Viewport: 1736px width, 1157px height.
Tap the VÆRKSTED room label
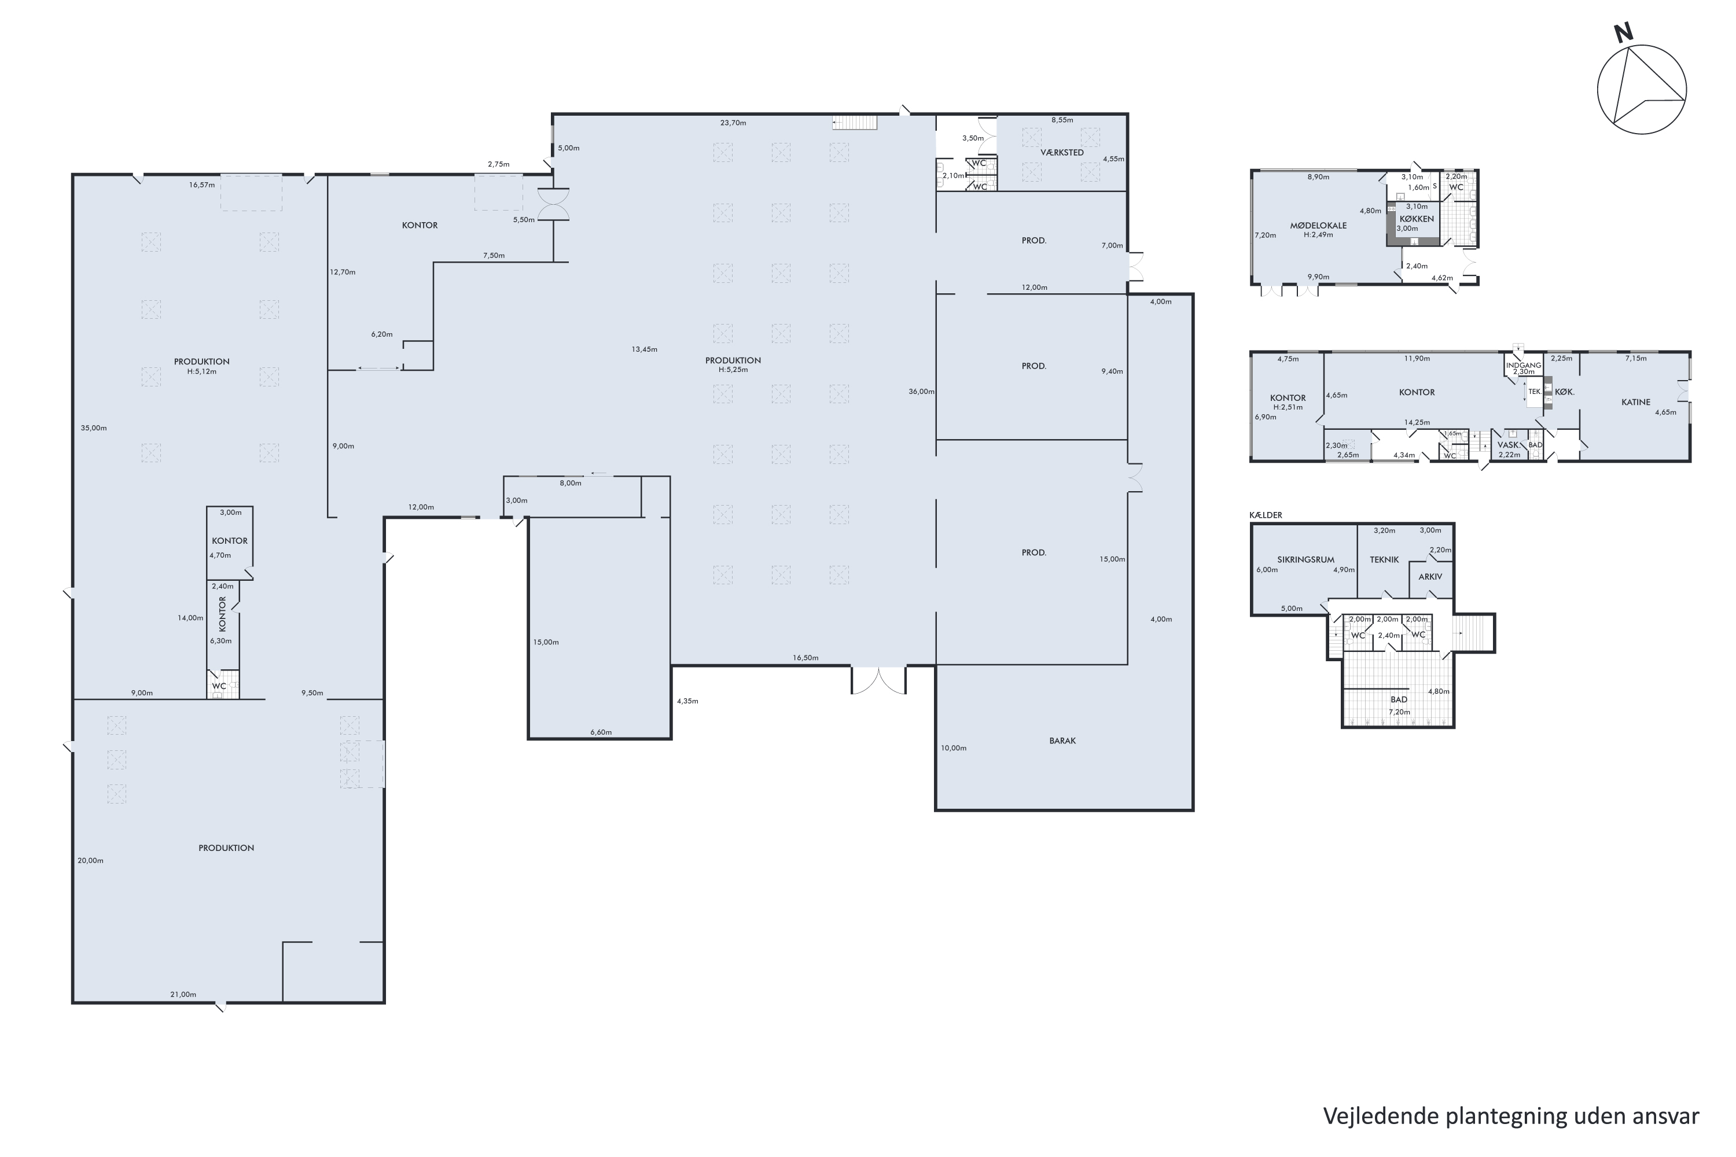point(1062,153)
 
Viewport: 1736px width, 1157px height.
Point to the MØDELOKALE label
point(1318,226)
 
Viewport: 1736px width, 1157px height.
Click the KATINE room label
point(1636,402)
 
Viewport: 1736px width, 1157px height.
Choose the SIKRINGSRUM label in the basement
point(1305,559)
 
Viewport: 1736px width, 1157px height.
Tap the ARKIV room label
point(1430,576)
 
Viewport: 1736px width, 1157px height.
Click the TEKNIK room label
point(1385,559)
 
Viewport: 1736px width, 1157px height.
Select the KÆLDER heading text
point(1266,515)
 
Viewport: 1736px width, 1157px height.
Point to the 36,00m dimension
point(921,392)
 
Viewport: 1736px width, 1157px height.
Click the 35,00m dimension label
point(94,428)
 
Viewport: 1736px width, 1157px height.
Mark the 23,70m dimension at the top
point(733,123)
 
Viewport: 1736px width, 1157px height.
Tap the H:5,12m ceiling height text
point(201,372)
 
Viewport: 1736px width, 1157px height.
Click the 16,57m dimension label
point(201,185)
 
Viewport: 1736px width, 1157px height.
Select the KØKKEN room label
point(1417,219)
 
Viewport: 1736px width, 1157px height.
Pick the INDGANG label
point(1524,365)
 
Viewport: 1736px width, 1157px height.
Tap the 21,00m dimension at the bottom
point(183,994)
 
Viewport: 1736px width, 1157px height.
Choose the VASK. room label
point(1509,445)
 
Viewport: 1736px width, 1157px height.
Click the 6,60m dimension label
point(601,733)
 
